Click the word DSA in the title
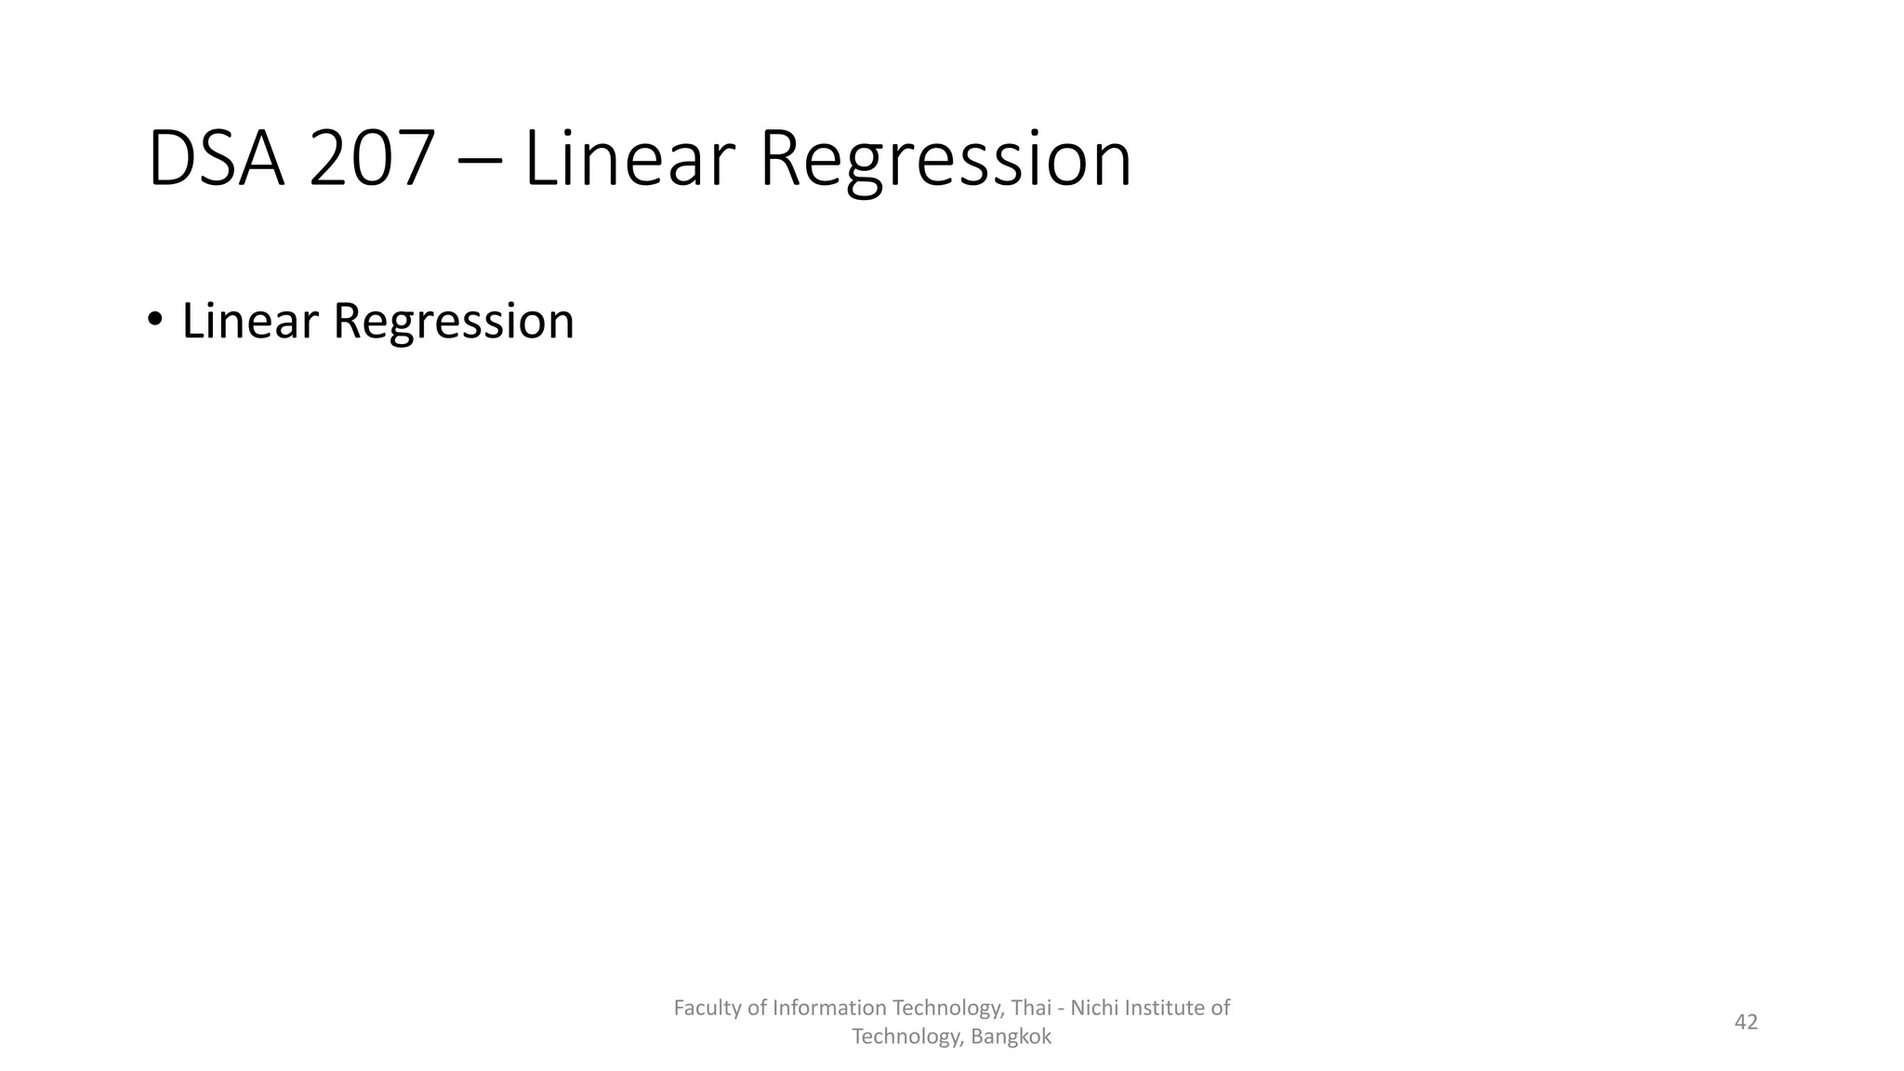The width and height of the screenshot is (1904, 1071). click(x=216, y=160)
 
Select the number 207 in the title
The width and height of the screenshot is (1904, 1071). click(x=372, y=160)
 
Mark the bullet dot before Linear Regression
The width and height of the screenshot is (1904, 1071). click(x=154, y=320)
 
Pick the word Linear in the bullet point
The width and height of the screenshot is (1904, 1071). click(x=250, y=321)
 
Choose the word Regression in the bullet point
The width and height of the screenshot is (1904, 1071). click(x=454, y=323)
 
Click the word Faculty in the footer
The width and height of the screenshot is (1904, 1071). click(x=707, y=1008)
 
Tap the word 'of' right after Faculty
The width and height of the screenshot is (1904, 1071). click(x=757, y=1008)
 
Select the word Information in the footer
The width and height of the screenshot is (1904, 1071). click(x=829, y=1008)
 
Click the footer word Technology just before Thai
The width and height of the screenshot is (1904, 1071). click(x=947, y=1008)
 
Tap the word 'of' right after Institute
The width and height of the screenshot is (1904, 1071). click(x=1221, y=1008)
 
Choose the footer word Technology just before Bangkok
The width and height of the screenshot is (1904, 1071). click(x=907, y=1037)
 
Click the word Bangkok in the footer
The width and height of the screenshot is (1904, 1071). click(x=1011, y=1037)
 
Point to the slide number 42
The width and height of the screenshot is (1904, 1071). click(x=1746, y=1022)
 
